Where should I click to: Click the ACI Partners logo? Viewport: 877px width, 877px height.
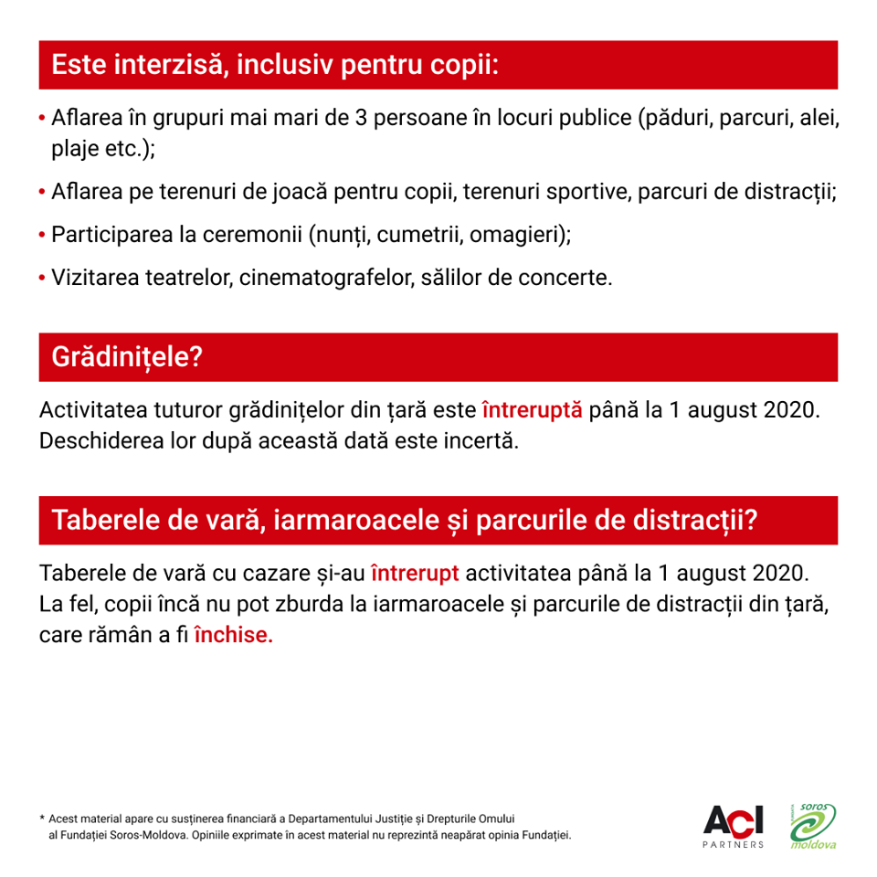pos(734,825)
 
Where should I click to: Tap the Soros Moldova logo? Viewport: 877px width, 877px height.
pos(813,825)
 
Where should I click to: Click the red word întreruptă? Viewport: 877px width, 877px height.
pos(532,409)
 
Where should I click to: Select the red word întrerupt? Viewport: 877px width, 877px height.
pos(415,574)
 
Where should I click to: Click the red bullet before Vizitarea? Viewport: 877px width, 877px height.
pos(43,278)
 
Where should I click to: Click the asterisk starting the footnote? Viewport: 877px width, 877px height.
pos(42,819)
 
